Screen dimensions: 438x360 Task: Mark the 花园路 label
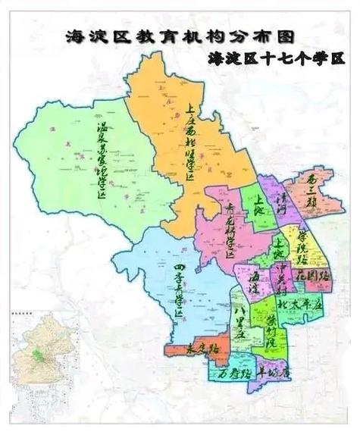pyautogui.click(x=311, y=274)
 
